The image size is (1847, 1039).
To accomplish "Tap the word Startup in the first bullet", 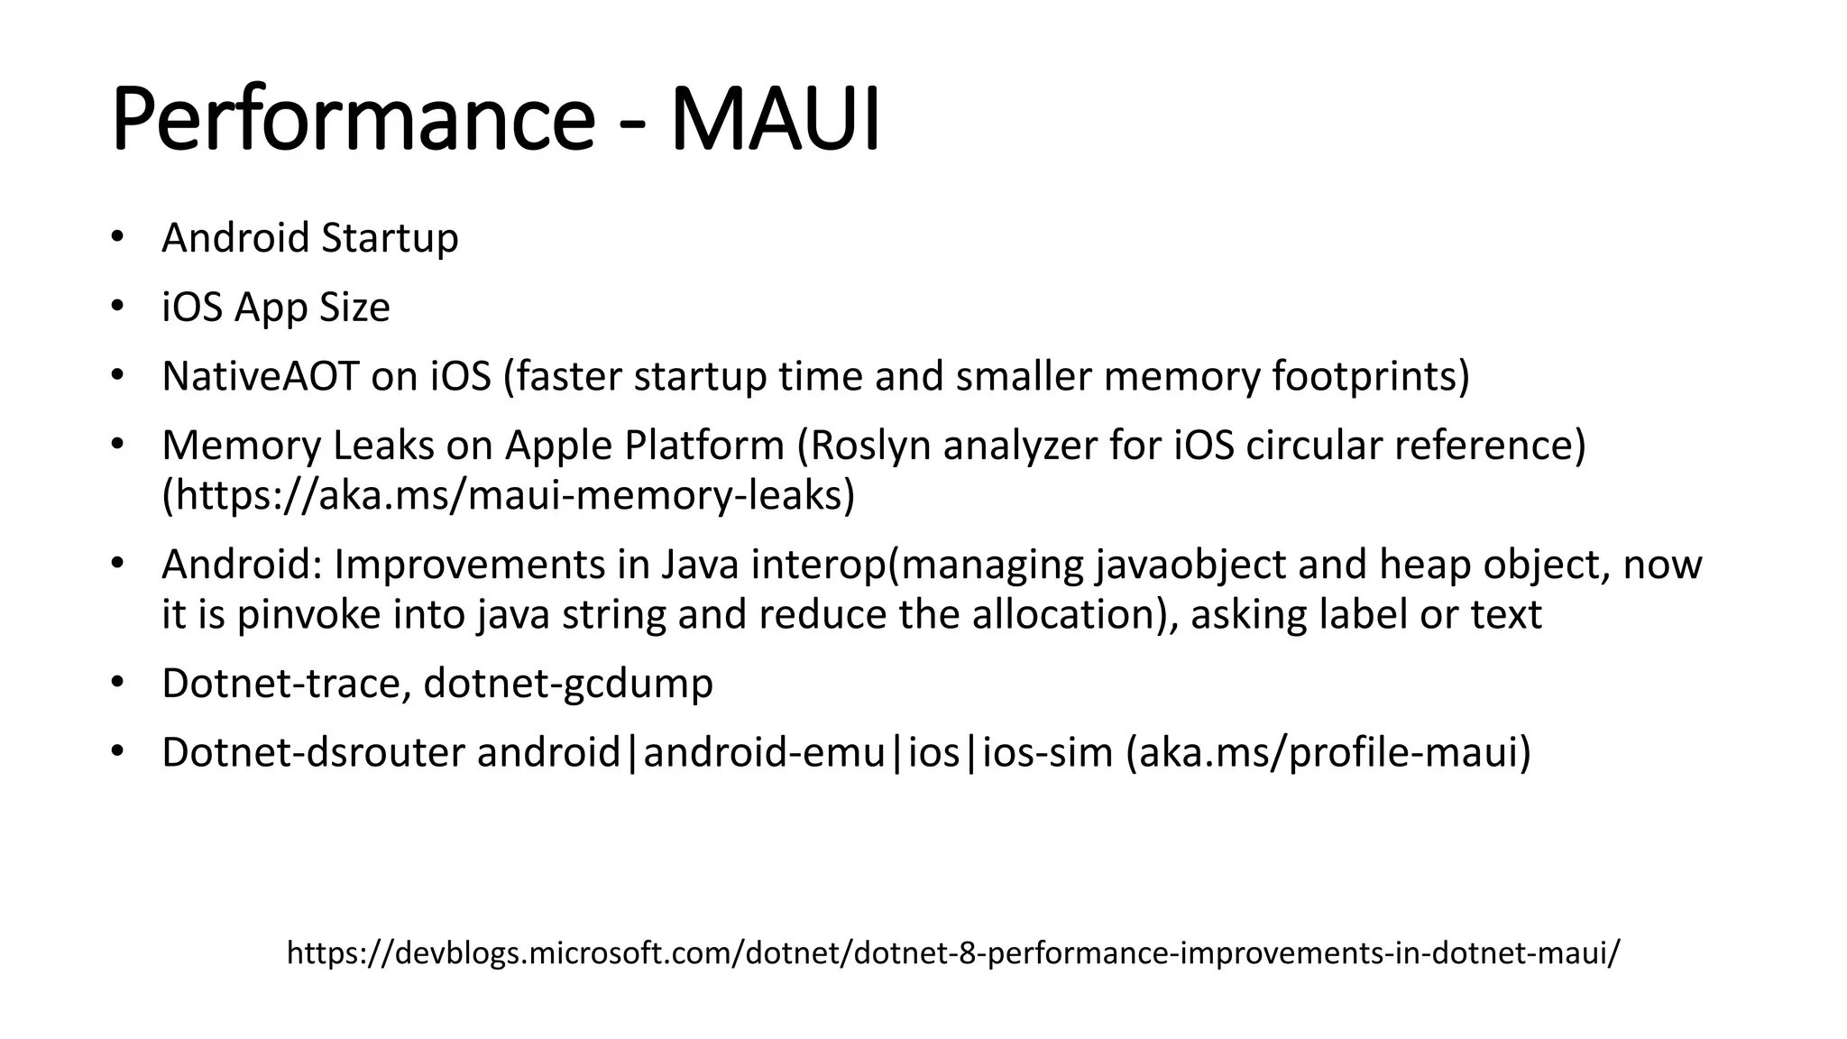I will [390, 238].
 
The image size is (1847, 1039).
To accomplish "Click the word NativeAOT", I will [260, 376].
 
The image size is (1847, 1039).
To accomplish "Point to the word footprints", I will [1370, 376].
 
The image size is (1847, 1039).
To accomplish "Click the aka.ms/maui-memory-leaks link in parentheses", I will [508, 495].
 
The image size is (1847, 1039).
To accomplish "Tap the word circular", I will [1312, 446].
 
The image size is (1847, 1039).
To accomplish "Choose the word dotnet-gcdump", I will [568, 684].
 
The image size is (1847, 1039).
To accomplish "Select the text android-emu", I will [764, 753].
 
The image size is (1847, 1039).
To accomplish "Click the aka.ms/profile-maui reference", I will [1328, 753].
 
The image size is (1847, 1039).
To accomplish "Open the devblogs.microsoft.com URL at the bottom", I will [953, 952].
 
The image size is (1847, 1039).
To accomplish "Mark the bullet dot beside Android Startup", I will [115, 238].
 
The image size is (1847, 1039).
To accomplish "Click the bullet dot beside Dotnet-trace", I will [115, 684].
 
